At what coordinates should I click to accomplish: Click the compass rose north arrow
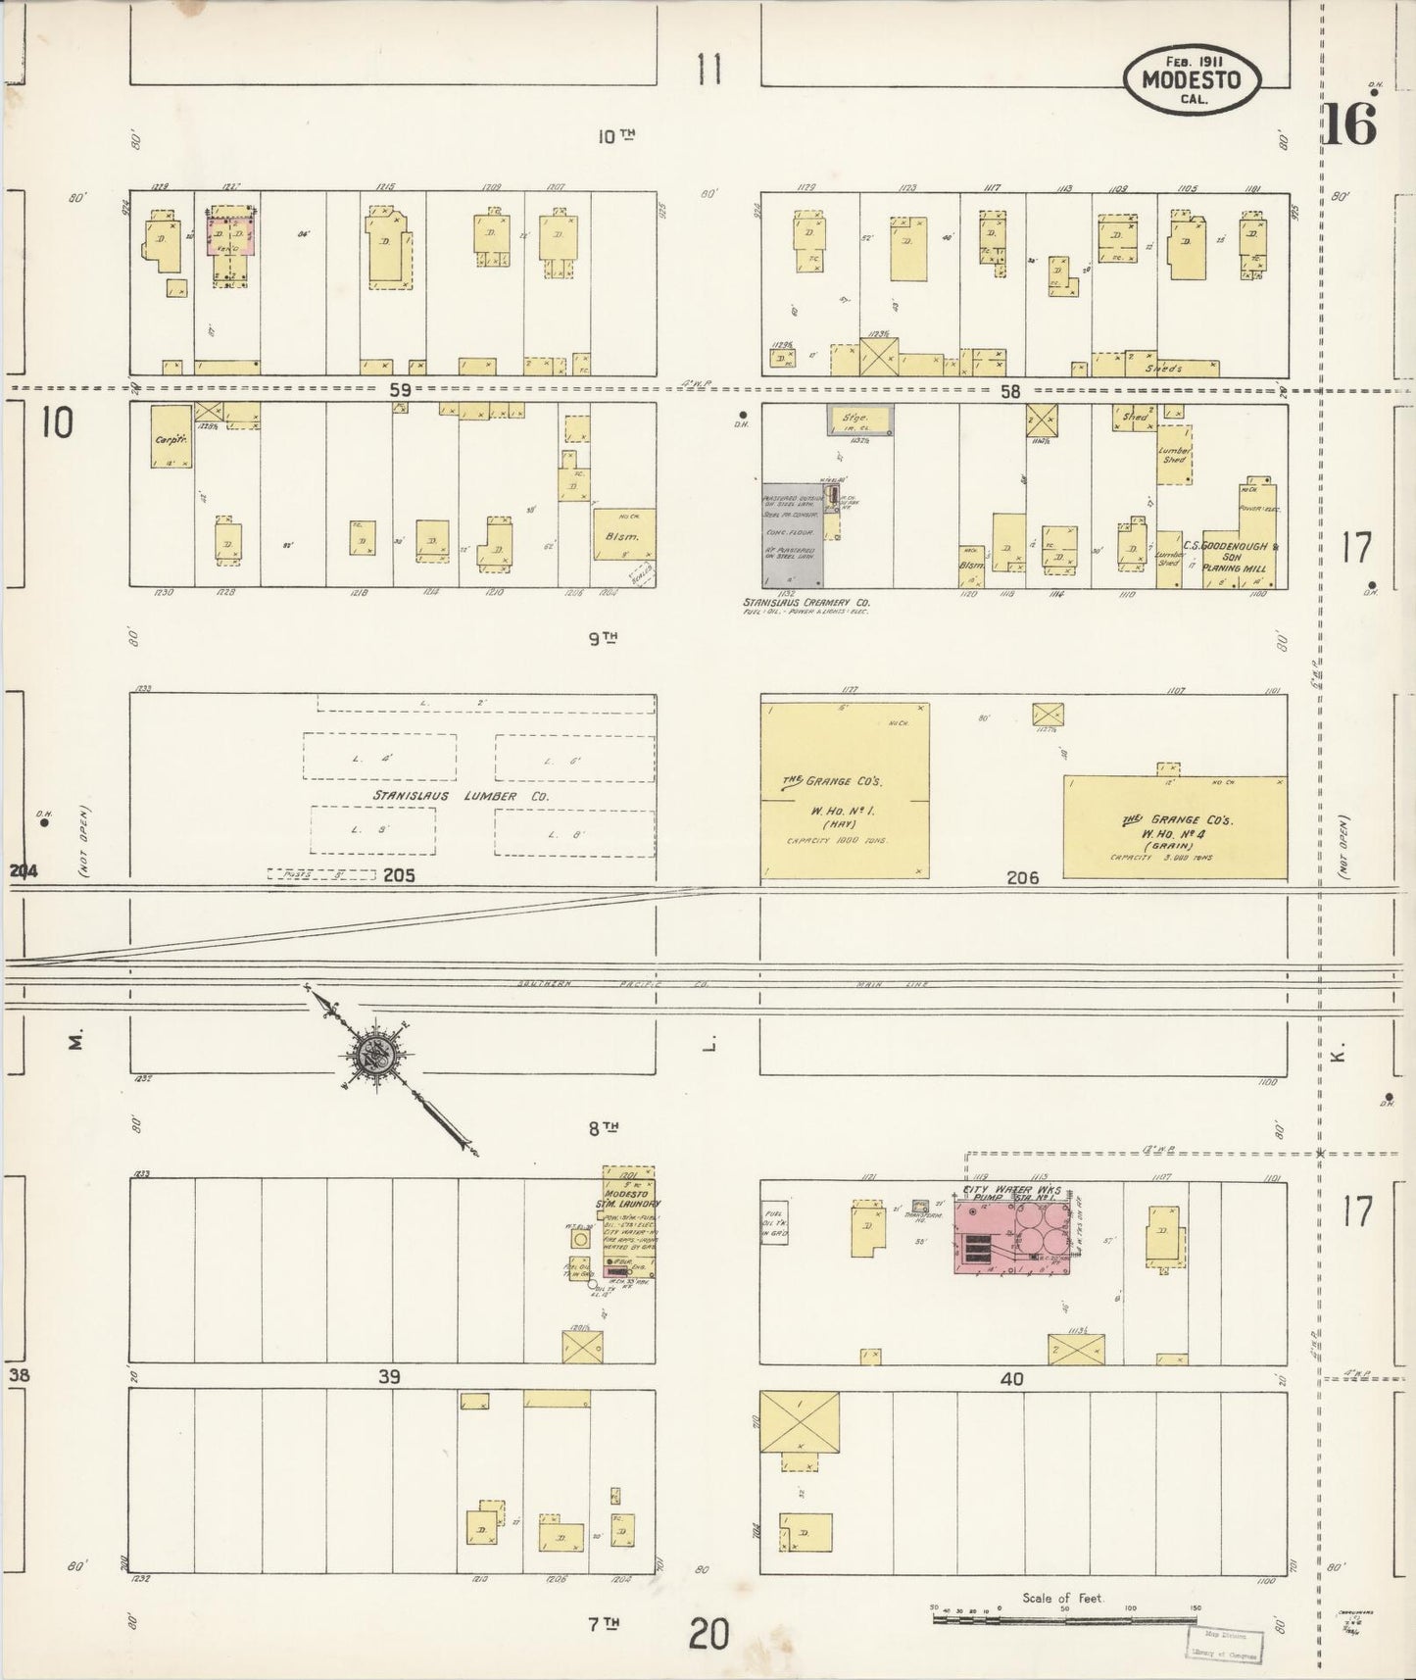coord(378,1055)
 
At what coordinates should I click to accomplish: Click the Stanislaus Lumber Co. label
coord(459,796)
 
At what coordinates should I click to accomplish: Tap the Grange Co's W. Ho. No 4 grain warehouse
coord(1174,828)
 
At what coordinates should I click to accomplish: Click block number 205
coord(399,874)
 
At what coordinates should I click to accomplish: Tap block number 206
coord(1022,878)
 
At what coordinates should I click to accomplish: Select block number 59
coord(399,389)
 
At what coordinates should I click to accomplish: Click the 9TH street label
coord(603,638)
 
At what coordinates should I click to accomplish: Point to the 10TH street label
coord(615,136)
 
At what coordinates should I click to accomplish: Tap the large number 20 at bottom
coord(708,1634)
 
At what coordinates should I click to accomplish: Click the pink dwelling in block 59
coord(231,236)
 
